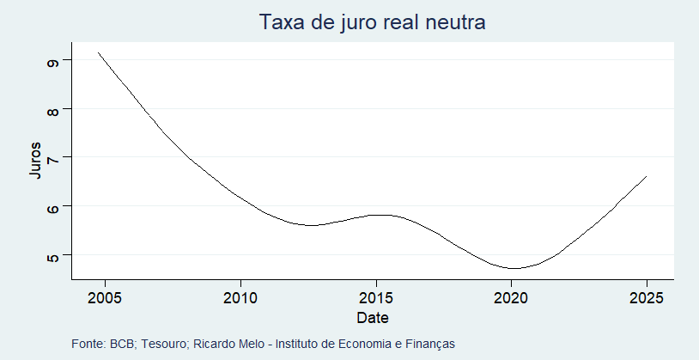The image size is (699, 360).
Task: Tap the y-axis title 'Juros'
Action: (x=34, y=160)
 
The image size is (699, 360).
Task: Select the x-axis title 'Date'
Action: (x=373, y=318)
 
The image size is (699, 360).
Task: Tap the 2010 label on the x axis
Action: (x=240, y=298)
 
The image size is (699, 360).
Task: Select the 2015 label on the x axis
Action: (x=376, y=298)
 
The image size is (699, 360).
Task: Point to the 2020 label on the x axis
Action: (x=511, y=298)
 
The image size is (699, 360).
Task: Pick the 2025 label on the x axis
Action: (x=646, y=298)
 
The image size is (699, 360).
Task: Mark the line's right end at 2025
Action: (x=646, y=176)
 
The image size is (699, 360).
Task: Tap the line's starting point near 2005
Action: (x=99, y=52)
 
